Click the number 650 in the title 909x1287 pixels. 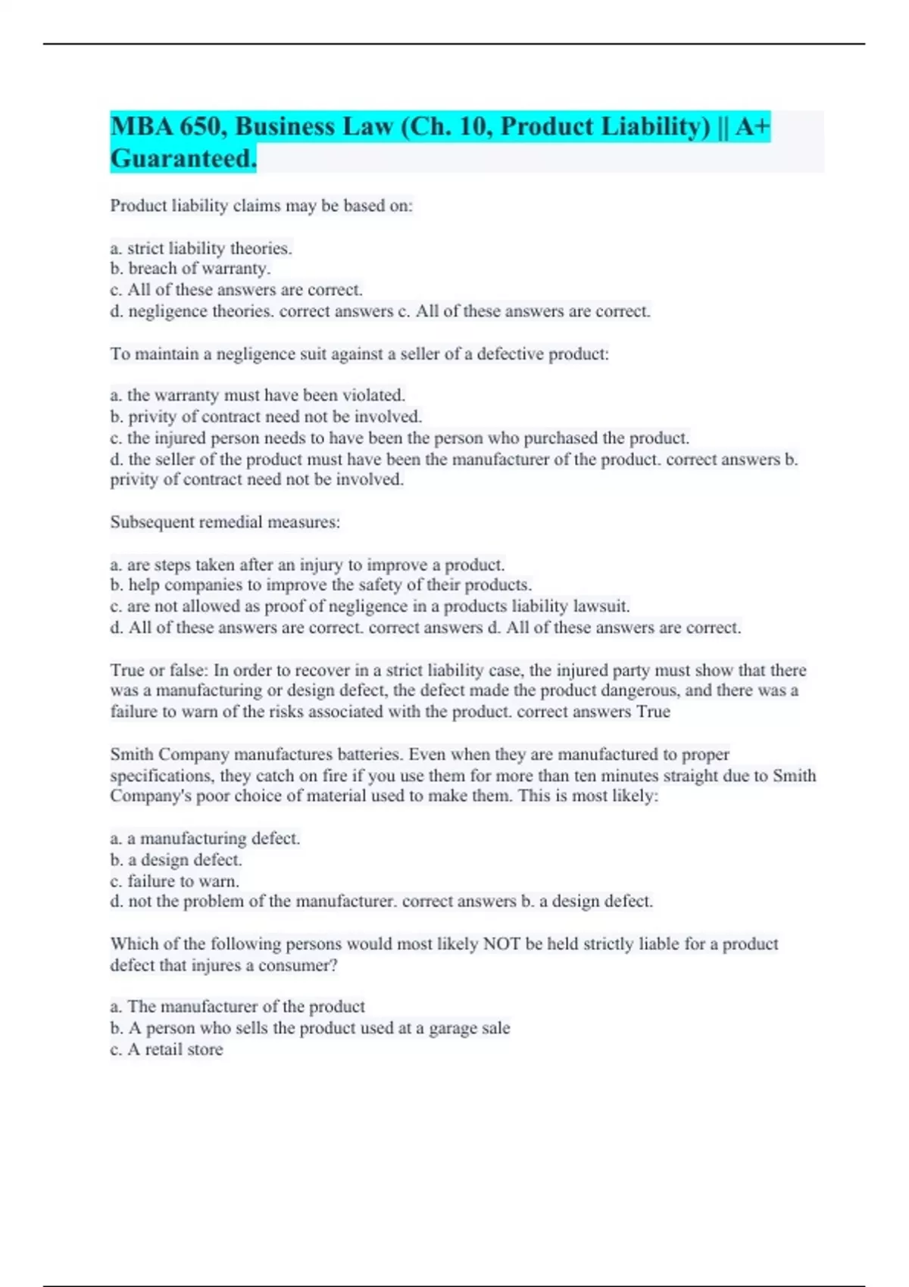(202, 126)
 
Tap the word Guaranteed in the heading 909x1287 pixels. (183, 159)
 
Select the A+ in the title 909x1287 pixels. (752, 126)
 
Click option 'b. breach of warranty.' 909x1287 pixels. (190, 269)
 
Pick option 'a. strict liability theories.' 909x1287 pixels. (201, 248)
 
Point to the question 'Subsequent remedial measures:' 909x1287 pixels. (225, 522)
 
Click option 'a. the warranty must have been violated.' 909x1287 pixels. (258, 395)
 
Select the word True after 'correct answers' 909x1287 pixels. (653, 712)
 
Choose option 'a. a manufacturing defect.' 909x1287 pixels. (205, 839)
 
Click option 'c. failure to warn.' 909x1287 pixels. (174, 881)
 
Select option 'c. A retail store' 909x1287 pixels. (167, 1049)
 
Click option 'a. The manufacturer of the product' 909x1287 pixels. (237, 1007)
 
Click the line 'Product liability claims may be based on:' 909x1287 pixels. (261, 206)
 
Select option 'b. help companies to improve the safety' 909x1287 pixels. (320, 585)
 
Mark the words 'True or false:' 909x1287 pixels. (158, 671)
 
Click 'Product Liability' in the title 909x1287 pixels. (604, 126)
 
